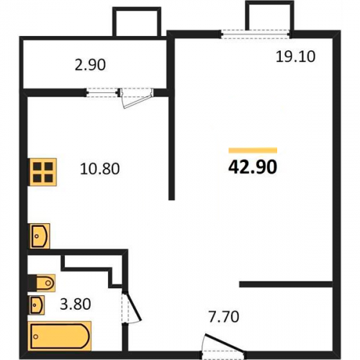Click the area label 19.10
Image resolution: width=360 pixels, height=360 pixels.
tap(295, 57)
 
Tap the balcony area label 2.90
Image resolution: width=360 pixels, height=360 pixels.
tap(90, 65)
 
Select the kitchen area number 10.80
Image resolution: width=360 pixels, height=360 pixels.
tap(100, 168)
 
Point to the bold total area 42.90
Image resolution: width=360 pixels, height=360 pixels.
tap(253, 167)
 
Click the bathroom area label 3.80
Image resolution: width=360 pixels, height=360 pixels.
tap(76, 304)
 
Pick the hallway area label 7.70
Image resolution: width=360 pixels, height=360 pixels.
tap(224, 317)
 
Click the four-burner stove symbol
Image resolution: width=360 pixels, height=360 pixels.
tap(42, 172)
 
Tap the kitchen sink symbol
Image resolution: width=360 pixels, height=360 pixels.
tap(40, 236)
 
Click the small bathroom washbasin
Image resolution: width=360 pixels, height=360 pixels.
tap(37, 305)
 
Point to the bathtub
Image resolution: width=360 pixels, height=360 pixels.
tap(60, 336)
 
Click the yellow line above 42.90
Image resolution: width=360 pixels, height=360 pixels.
tap(253, 150)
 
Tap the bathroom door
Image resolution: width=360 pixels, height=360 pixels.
tap(132, 307)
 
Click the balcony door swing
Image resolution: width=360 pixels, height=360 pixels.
tap(137, 99)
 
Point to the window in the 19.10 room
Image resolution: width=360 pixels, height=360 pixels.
tap(255, 34)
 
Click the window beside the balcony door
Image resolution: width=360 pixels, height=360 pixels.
tap(102, 92)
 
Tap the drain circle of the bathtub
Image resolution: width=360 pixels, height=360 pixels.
tap(36, 336)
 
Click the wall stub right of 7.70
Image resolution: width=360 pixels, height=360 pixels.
tap(286, 284)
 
